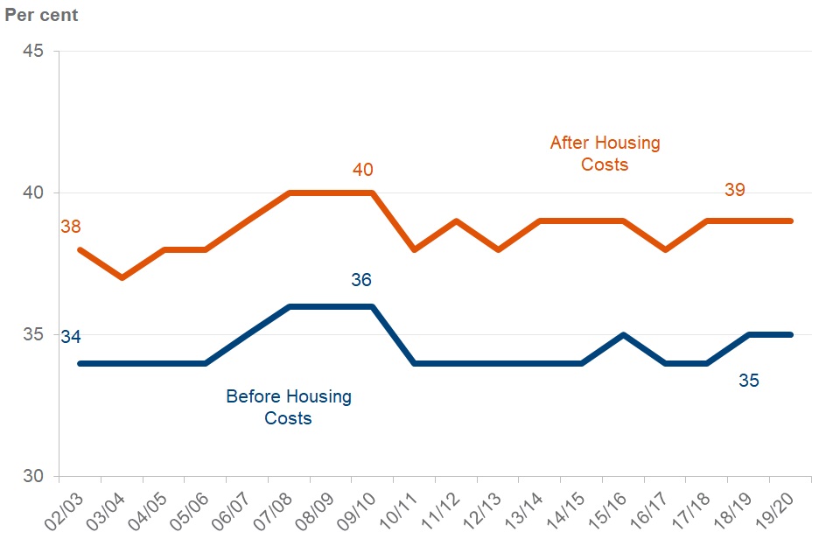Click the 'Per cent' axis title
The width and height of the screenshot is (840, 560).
tap(41, 15)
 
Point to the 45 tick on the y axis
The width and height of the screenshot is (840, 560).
tap(33, 51)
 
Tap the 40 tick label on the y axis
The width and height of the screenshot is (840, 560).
tap(33, 192)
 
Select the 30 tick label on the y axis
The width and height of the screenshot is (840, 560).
tap(33, 477)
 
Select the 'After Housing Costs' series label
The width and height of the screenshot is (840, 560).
tap(605, 153)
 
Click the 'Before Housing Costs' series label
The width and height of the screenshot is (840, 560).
tap(289, 407)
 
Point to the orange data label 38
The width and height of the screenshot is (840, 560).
tap(70, 227)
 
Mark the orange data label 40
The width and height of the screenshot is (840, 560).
tap(363, 169)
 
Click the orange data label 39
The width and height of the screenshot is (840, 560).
tap(735, 190)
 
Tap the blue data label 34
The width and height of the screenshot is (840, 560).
tap(71, 337)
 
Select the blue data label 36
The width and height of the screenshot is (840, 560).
tap(361, 280)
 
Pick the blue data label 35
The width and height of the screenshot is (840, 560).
tap(748, 381)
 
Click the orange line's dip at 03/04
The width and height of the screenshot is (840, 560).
tap(122, 277)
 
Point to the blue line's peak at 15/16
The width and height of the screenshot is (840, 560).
tap(623, 334)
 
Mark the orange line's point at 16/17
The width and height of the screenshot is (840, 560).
tap(665, 249)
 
